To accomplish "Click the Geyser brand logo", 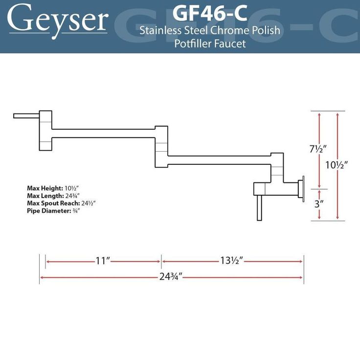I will click(58, 20).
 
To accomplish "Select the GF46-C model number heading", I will click(210, 13).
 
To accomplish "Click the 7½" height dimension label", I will click(318, 149).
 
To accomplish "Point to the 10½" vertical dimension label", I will click(337, 165).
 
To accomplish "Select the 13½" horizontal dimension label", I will click(232, 261).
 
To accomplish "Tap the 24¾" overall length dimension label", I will click(171, 277).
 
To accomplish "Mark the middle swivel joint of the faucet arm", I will click(161, 146).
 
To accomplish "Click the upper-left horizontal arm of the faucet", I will click(103, 133).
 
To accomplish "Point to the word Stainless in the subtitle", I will click(159, 31).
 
